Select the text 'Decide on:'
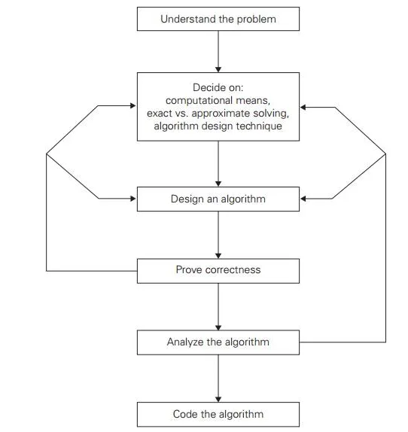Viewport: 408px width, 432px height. pyautogui.click(x=218, y=87)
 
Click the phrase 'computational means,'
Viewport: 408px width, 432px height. pyautogui.click(x=218, y=100)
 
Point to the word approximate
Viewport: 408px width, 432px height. pyautogui.click(x=224, y=113)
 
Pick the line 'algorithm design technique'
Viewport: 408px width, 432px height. pyautogui.click(x=218, y=126)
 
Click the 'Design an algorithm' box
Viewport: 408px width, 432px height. pyautogui.click(x=218, y=199)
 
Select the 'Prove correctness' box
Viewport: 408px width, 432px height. pyautogui.click(x=218, y=271)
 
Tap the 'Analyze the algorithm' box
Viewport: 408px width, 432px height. pyautogui.click(x=218, y=342)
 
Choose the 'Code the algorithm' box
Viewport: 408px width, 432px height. pyautogui.click(x=218, y=415)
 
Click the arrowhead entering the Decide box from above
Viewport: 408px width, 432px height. pyautogui.click(x=218, y=69)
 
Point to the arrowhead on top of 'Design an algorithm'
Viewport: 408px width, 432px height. pyautogui.click(x=218, y=184)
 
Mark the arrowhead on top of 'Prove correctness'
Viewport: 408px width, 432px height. pyautogui.click(x=218, y=255)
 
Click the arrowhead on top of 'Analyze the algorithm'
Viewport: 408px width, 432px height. pyautogui.click(x=218, y=327)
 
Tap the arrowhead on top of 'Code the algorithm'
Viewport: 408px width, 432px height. pyautogui.click(x=218, y=399)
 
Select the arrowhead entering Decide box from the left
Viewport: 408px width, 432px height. pyautogui.click(x=133, y=105)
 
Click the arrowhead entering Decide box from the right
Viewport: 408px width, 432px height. pyautogui.click(x=303, y=107)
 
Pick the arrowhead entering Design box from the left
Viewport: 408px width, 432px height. pyautogui.click(x=133, y=199)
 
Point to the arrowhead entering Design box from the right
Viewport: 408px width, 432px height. pyautogui.click(x=303, y=199)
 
